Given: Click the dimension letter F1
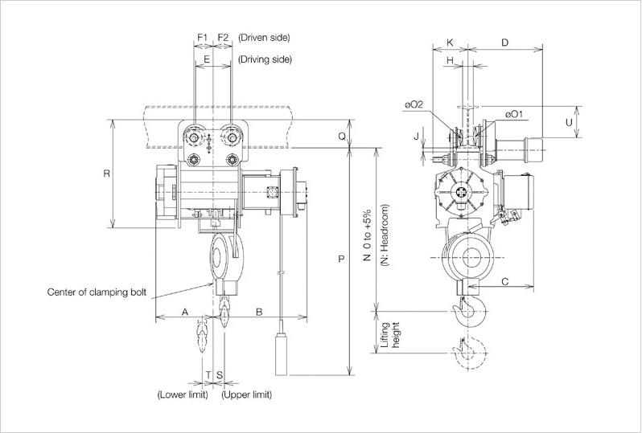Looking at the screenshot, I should pyautogui.click(x=202, y=37).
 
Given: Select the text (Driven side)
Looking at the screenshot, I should pyautogui.click(x=265, y=37).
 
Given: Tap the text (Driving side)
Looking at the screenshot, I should pyautogui.click(x=265, y=59).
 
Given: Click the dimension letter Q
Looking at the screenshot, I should pyautogui.click(x=342, y=137).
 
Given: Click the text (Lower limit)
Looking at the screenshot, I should pyautogui.click(x=182, y=394).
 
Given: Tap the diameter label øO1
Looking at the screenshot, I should pyautogui.click(x=515, y=114).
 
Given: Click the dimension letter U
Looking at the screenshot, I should pyautogui.click(x=569, y=122).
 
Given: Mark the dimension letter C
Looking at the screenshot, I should pyautogui.click(x=504, y=281).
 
